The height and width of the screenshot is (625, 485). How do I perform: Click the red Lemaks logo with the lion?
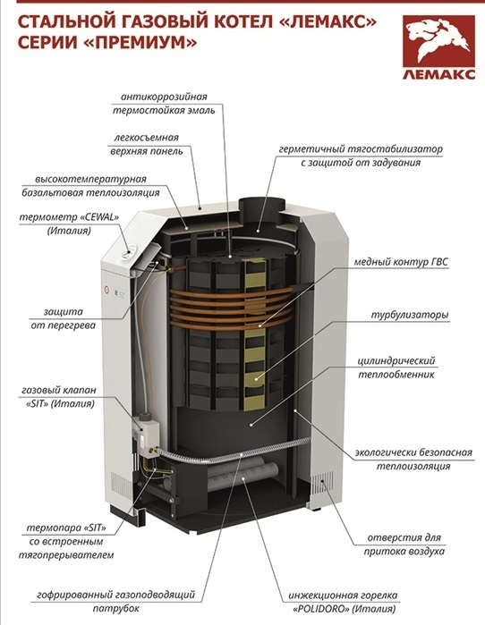[438, 46]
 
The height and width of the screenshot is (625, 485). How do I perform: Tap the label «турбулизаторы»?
[410, 315]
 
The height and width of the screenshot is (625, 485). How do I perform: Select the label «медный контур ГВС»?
[401, 262]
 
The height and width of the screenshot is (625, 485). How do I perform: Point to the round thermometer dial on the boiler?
[129, 252]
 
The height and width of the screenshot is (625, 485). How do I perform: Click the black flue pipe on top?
[261, 211]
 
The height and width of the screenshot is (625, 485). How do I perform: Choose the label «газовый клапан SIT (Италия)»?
[59, 397]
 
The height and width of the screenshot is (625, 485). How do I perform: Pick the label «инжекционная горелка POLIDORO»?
[343, 602]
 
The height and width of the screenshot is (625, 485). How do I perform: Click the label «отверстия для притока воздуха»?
[404, 545]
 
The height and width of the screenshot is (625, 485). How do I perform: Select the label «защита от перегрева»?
[63, 318]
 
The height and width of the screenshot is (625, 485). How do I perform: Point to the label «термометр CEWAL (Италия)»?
[70, 224]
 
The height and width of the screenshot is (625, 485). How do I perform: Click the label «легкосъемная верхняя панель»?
[146, 144]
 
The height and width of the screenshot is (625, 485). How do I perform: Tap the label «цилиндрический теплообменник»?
[396, 367]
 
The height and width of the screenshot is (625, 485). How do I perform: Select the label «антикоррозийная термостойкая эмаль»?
[164, 103]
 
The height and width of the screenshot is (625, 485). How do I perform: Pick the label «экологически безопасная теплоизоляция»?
[413, 460]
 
